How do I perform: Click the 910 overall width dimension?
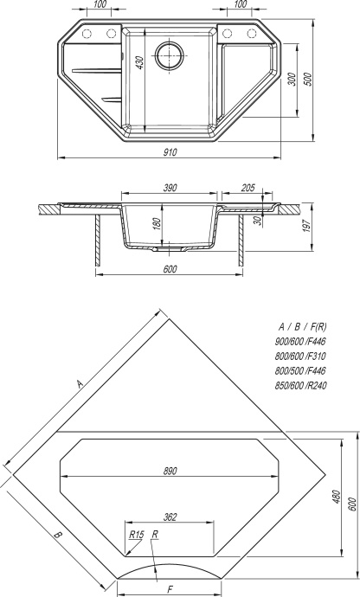[170, 152]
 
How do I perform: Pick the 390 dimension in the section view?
[170, 188]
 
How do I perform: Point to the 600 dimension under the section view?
[170, 270]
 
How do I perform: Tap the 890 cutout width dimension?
[170, 471]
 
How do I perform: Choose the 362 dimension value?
[170, 517]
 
